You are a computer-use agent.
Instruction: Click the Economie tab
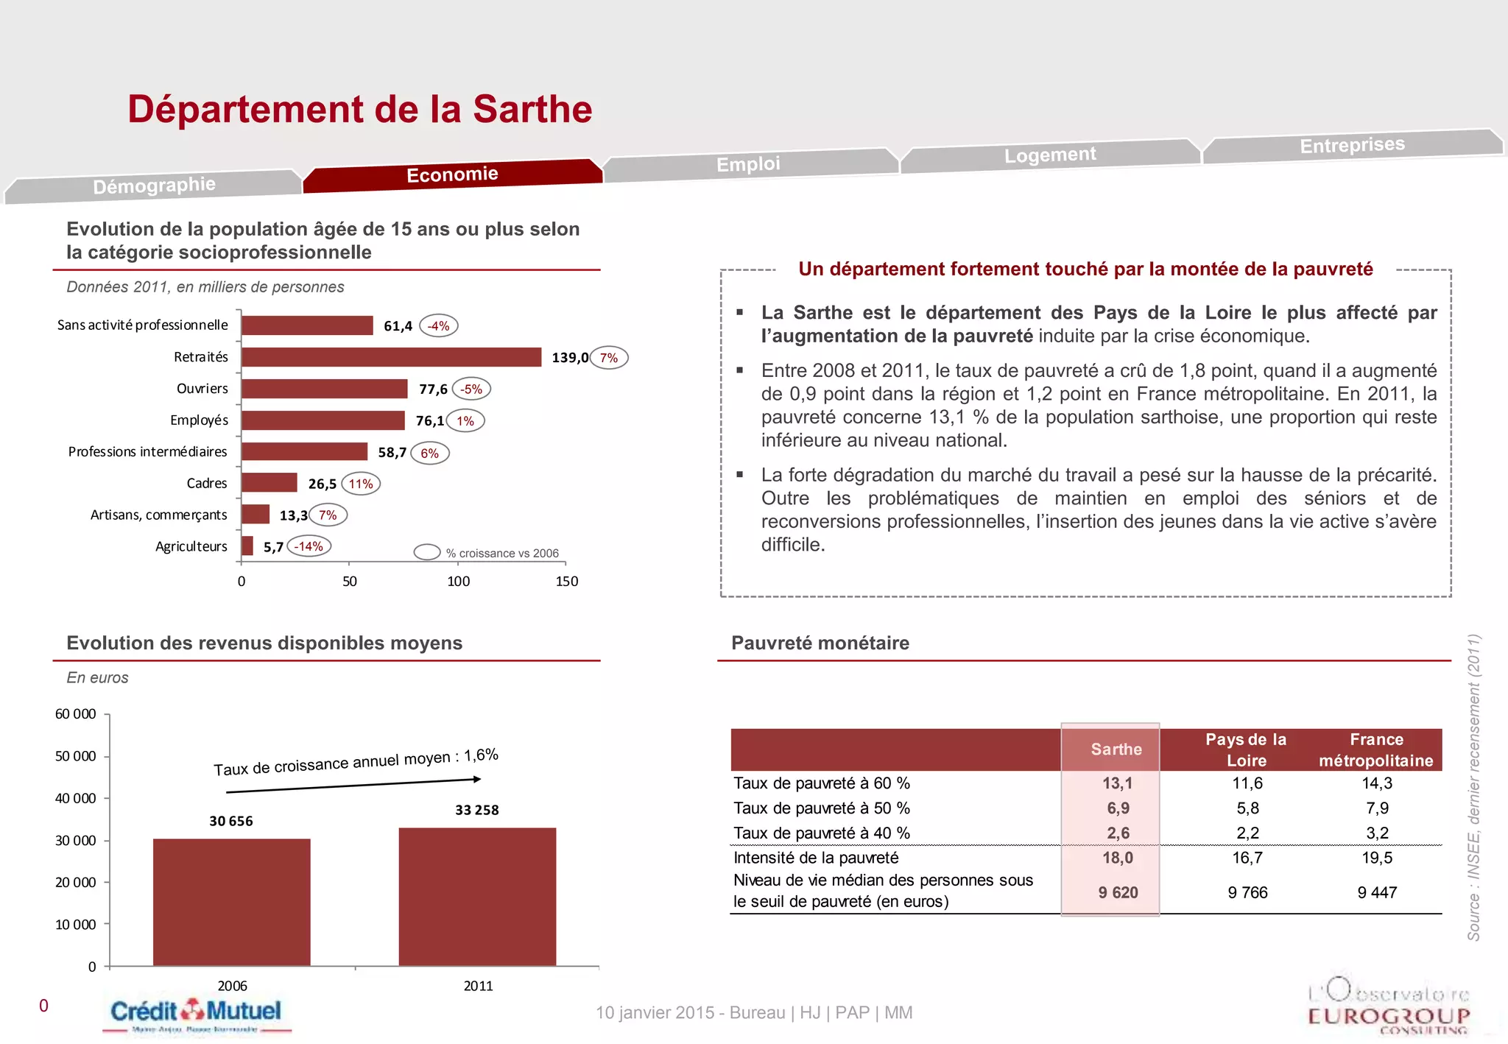coord(452,175)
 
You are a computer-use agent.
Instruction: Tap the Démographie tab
coord(154,186)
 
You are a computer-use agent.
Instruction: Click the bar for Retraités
coord(391,357)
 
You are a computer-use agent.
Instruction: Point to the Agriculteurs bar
coord(247,546)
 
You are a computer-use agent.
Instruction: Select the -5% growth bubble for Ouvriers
coord(471,389)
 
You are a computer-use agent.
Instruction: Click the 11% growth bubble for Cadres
coord(361,484)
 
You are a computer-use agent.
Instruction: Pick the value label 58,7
coord(392,453)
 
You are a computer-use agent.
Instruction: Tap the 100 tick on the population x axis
coord(458,581)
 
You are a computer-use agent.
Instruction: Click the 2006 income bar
coord(231,902)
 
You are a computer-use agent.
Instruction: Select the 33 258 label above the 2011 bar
coord(476,810)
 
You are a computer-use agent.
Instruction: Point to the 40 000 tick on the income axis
coord(75,798)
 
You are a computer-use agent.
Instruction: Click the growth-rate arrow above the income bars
coord(353,786)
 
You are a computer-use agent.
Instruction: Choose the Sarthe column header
coord(1116,750)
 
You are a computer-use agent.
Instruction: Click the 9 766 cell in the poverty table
coord(1247,892)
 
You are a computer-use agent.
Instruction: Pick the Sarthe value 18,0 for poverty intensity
coord(1117,858)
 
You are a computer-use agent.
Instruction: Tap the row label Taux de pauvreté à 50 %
coord(822,808)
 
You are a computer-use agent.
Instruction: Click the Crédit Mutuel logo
coord(196,1013)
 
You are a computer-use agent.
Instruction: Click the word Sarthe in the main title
coord(532,110)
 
